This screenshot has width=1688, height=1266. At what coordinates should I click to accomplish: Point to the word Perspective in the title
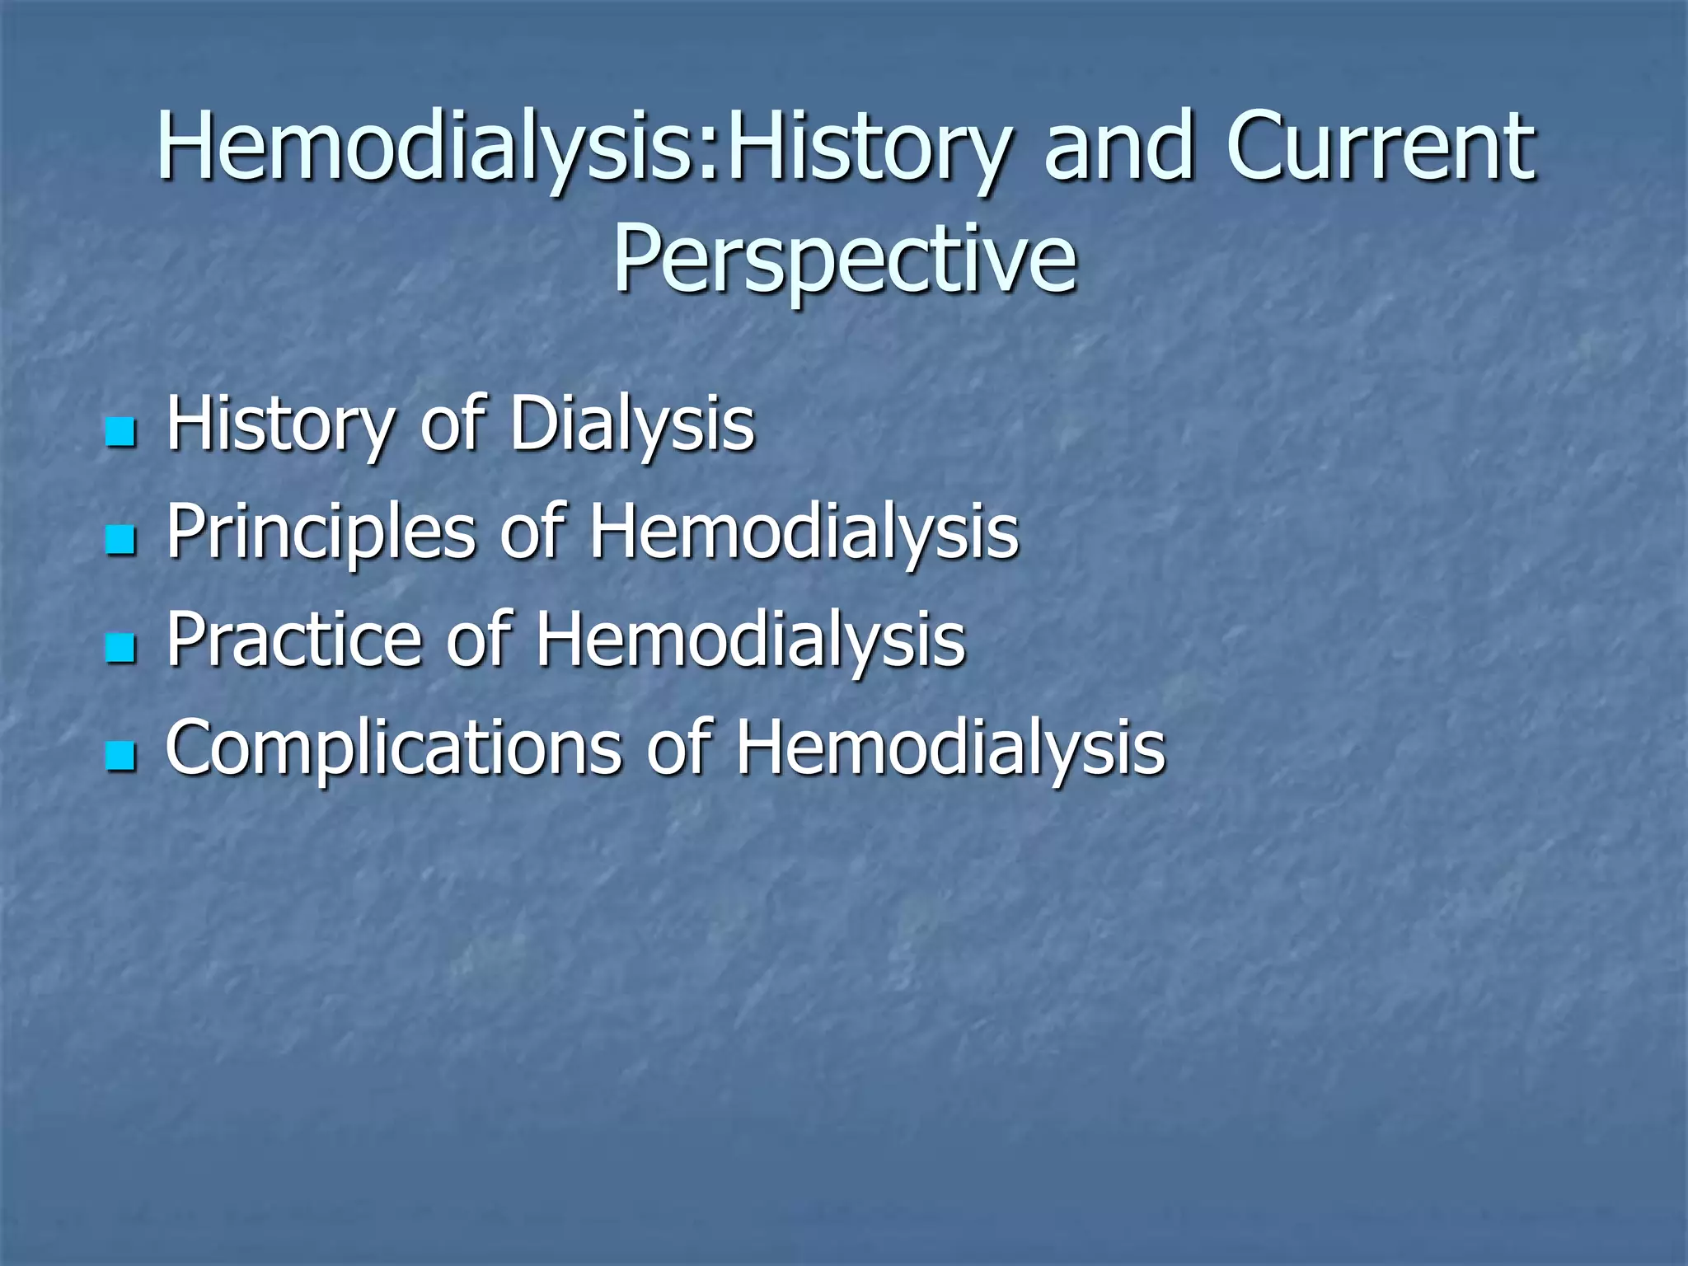pyautogui.click(x=844, y=260)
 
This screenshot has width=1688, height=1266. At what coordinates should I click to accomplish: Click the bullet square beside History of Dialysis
pyautogui.click(x=120, y=432)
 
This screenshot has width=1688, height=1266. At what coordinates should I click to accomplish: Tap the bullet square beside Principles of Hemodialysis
pyautogui.click(x=120, y=541)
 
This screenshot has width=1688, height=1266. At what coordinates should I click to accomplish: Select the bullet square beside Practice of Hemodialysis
pyautogui.click(x=120, y=649)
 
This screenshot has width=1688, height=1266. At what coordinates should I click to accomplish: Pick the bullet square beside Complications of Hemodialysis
pyautogui.click(x=120, y=757)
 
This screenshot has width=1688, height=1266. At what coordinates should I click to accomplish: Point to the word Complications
pyautogui.click(x=394, y=748)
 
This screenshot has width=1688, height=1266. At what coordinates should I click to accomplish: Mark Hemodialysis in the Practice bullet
pyautogui.click(x=750, y=640)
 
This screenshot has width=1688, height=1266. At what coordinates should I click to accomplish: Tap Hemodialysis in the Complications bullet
pyautogui.click(x=950, y=748)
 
